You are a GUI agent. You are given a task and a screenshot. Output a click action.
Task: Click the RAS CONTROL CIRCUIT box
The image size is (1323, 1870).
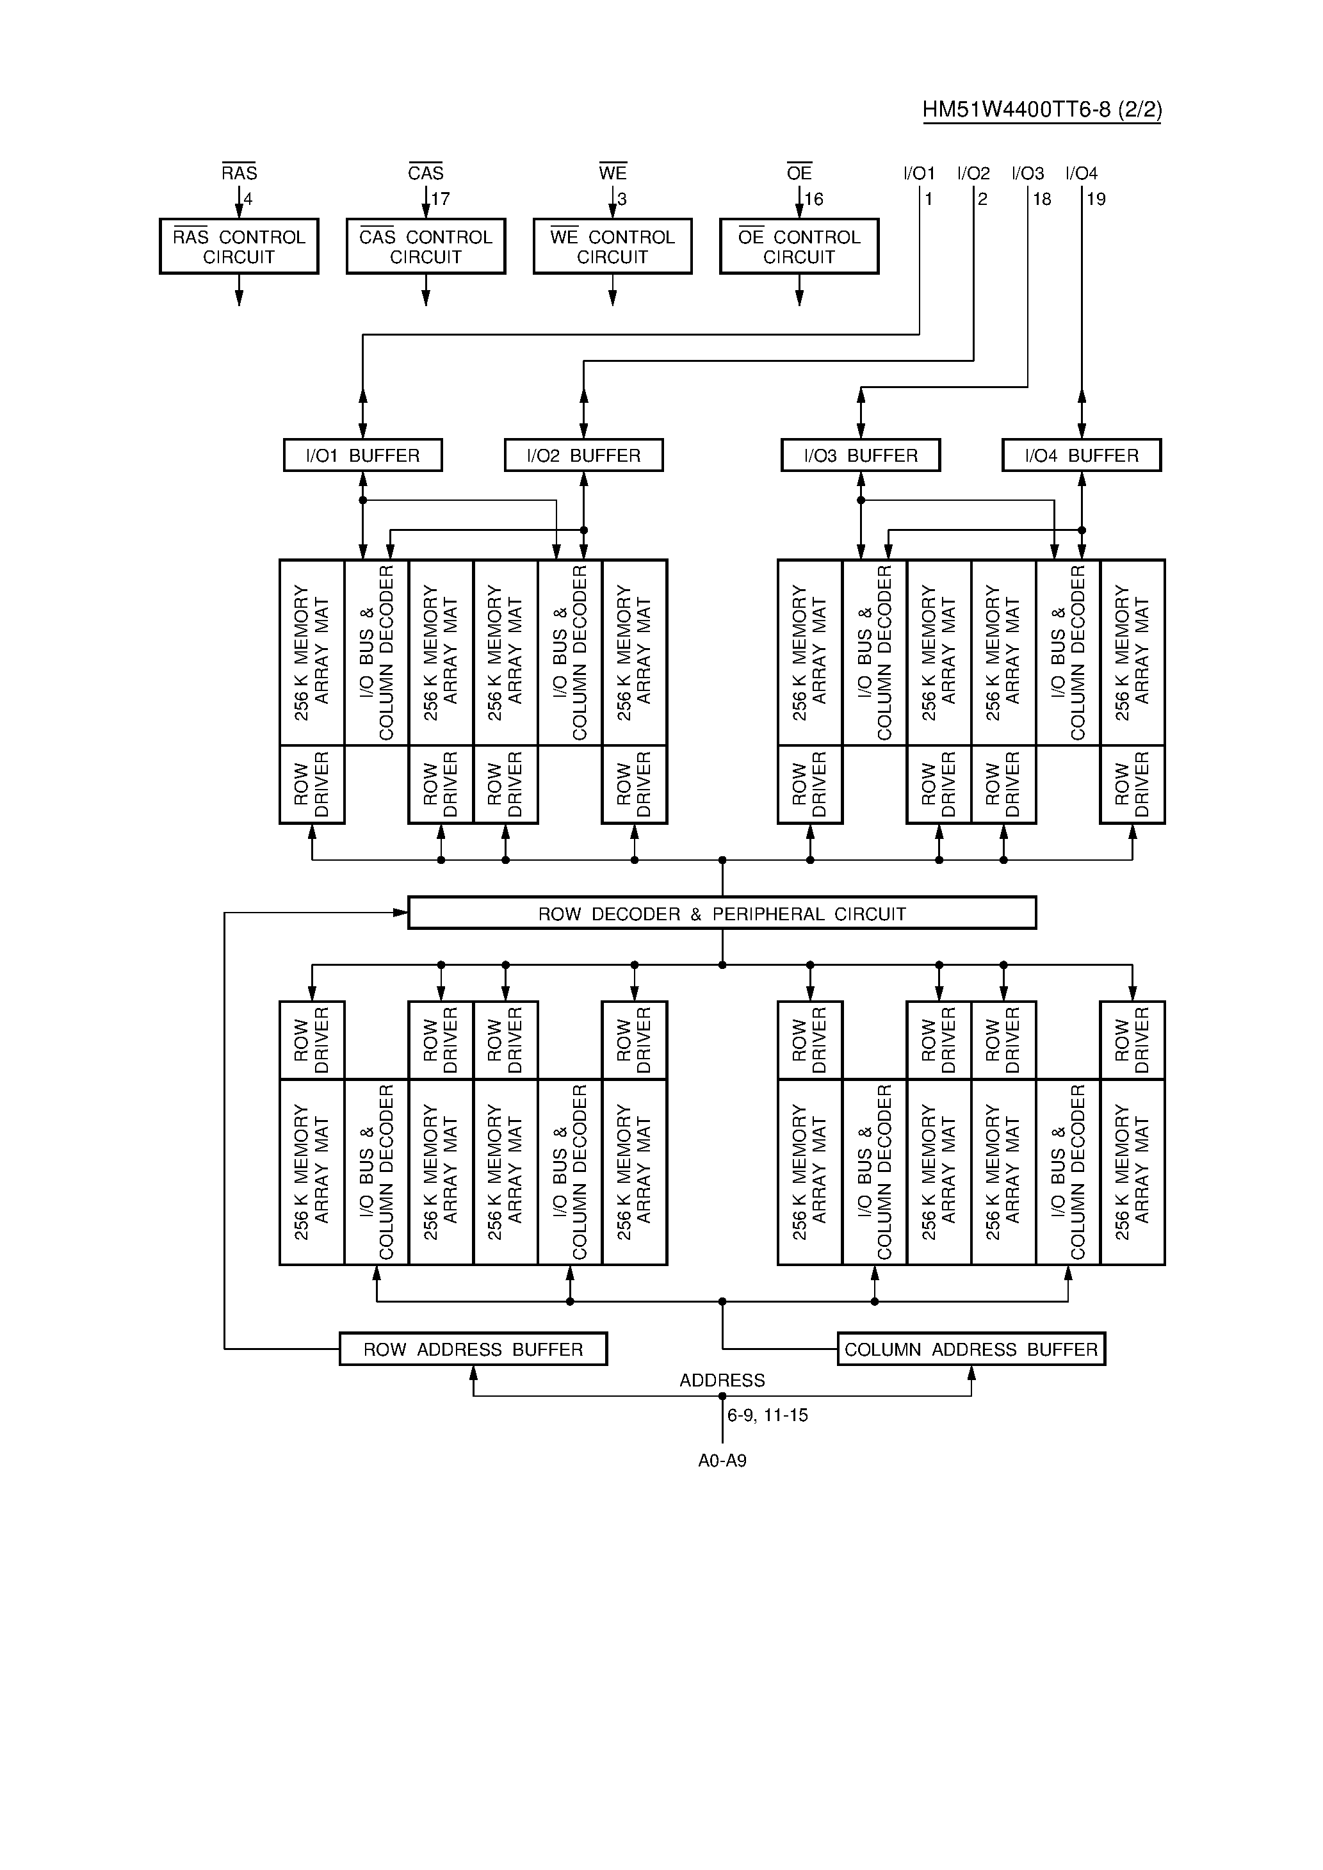pyautogui.click(x=239, y=246)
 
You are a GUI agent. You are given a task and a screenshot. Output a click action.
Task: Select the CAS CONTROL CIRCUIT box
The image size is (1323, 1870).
pyautogui.click(x=425, y=246)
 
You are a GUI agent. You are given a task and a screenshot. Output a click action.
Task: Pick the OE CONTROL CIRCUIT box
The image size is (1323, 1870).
pyautogui.click(x=799, y=246)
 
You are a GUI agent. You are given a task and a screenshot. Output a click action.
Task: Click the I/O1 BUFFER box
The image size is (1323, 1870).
pyautogui.click(x=362, y=455)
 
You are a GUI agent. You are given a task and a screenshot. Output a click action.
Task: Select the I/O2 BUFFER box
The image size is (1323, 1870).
pyautogui.click(x=583, y=455)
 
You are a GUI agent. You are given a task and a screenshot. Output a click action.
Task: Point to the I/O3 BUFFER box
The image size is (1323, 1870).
pyautogui.click(x=860, y=455)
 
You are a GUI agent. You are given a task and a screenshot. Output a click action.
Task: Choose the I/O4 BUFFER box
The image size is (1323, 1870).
pyautogui.click(x=1081, y=455)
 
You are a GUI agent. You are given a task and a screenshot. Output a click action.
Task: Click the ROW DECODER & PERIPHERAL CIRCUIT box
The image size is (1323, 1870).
pyautogui.click(x=722, y=913)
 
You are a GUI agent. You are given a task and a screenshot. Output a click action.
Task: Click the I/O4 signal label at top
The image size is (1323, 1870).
pyautogui.click(x=1081, y=174)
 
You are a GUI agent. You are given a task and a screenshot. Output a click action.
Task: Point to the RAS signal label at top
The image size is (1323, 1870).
pyautogui.click(x=239, y=173)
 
